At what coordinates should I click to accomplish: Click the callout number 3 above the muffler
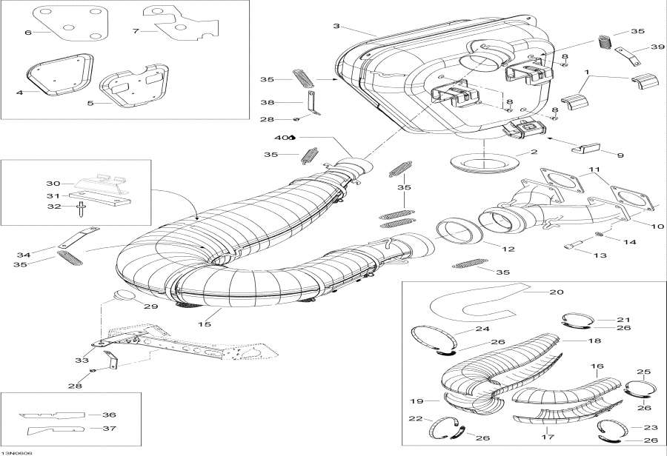coord(336,27)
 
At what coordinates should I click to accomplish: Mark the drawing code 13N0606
coord(16,452)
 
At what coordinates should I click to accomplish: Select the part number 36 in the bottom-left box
coord(109,415)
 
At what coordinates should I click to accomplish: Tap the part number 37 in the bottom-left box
coord(109,429)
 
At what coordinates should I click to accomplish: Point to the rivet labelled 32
coord(80,211)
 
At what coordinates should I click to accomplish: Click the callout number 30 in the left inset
coord(53,184)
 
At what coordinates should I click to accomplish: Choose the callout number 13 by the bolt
coord(599,255)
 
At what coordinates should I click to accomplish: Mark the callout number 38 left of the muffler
coord(267,103)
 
